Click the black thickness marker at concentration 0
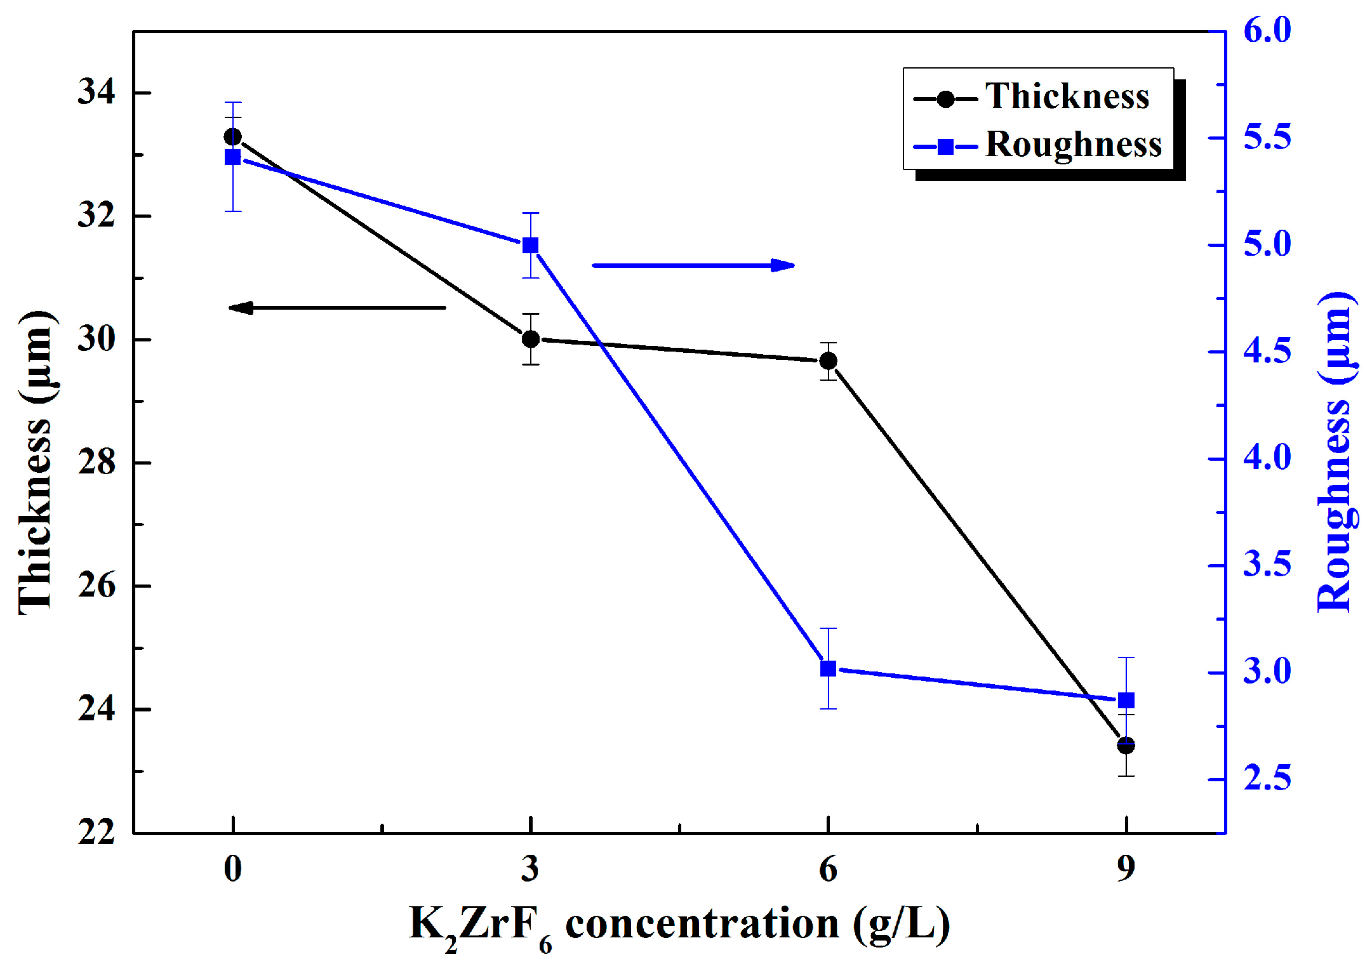(233, 137)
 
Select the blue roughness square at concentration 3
(531, 246)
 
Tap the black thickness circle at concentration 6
(828, 361)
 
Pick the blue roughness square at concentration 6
(828, 669)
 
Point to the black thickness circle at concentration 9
(1126, 745)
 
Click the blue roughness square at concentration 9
(1126, 701)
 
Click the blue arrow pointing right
(693, 265)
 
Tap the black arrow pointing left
(337, 308)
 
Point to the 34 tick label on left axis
(97, 92)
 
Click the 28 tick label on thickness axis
(97, 462)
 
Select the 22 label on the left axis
(97, 831)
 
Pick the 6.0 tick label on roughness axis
(1267, 30)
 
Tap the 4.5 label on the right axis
(1267, 352)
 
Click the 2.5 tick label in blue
(1267, 779)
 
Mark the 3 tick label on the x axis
(531, 869)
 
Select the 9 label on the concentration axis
(1126, 869)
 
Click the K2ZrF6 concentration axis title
(679, 925)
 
